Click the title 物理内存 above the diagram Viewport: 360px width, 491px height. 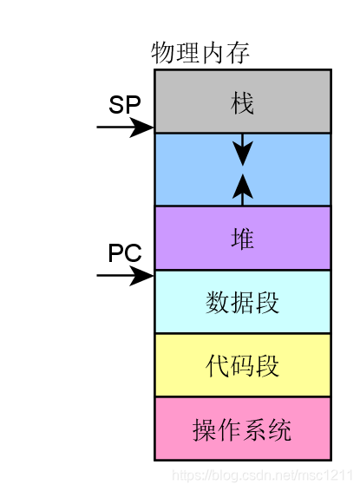[x=200, y=53]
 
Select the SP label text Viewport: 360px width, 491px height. [x=125, y=105]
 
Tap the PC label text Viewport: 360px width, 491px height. [x=125, y=253]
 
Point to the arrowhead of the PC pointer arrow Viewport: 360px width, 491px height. [x=143, y=276]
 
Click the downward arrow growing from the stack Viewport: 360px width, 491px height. [x=243, y=149]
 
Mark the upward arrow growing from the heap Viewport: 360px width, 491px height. [x=243, y=188]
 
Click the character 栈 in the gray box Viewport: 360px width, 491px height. [x=243, y=102]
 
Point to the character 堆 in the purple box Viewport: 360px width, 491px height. [x=243, y=239]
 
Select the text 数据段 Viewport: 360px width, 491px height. [x=243, y=303]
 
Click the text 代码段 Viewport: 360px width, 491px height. [x=243, y=366]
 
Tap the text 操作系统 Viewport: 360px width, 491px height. [x=243, y=429]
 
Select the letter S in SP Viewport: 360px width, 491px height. [x=117, y=105]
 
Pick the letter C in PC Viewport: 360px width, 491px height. [x=134, y=253]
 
